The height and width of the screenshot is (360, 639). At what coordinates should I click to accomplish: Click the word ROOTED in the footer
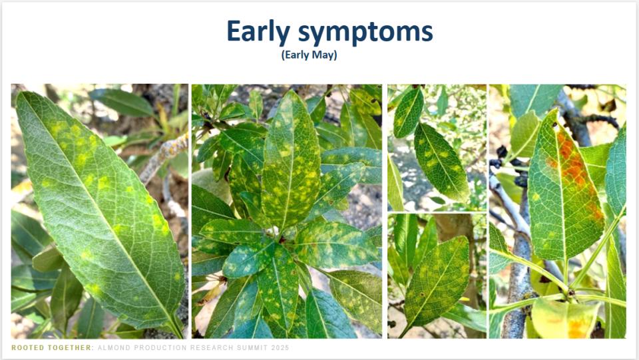pos(29,348)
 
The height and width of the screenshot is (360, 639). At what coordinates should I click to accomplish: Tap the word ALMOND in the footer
pos(116,348)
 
